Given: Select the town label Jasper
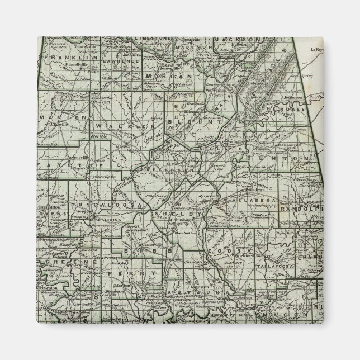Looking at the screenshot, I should tap(124, 146).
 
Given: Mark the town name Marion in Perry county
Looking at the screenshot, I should tap(124, 284).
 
